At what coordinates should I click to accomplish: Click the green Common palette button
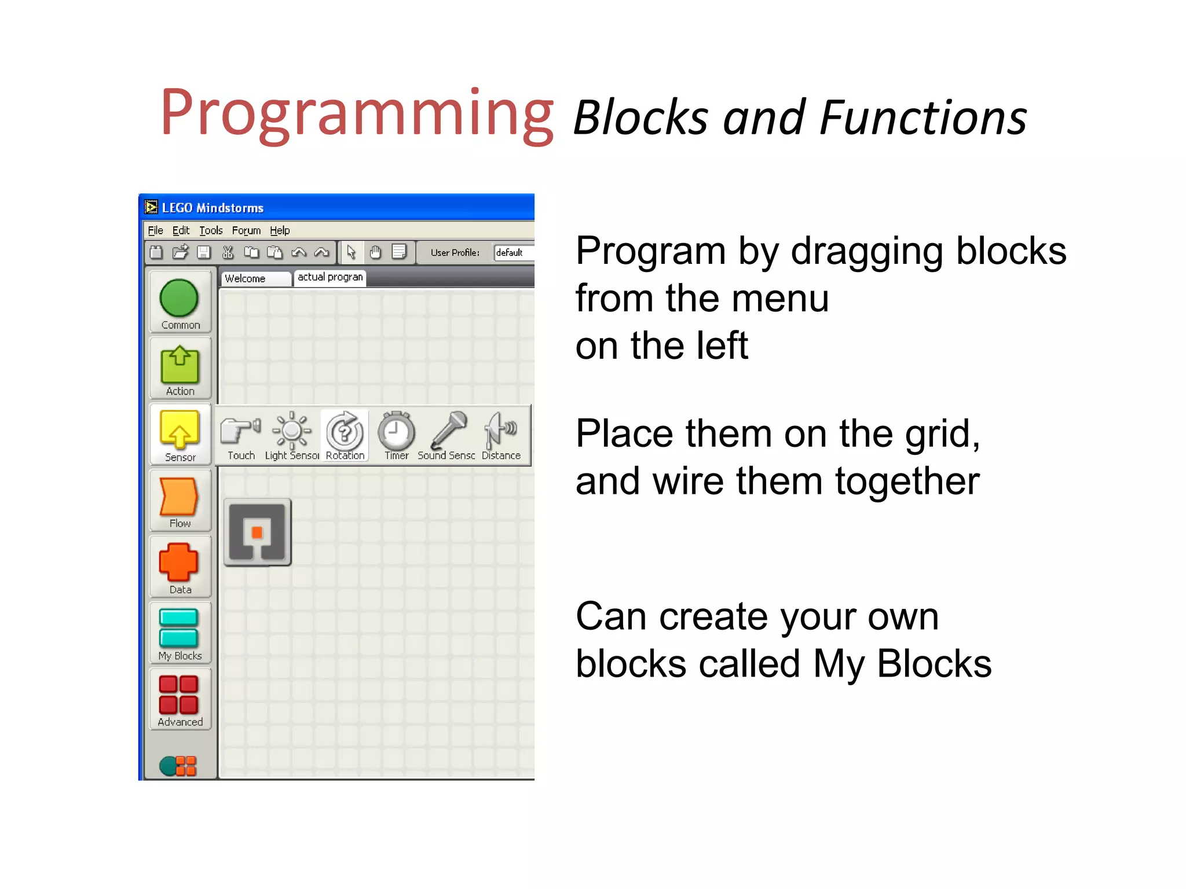[180, 302]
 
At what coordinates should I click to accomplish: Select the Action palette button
[180, 368]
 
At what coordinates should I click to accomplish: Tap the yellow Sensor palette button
[180, 434]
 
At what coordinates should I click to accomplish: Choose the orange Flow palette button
[180, 500]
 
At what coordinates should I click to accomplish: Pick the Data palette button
[180, 567]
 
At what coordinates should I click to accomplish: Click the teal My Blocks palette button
[180, 633]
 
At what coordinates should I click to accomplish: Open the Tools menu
[211, 230]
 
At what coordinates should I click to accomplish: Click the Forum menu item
[246, 230]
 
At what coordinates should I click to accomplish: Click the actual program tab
[330, 277]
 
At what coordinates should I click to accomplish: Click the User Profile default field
[513, 252]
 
